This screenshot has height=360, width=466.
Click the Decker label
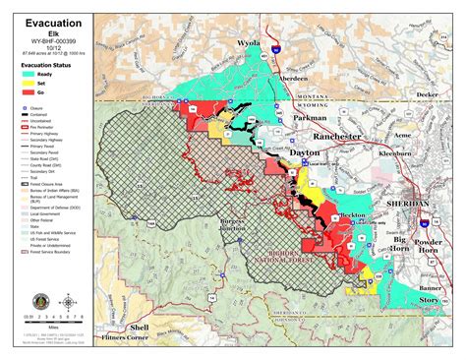click(x=427, y=95)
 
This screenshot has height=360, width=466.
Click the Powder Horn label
click(x=432, y=242)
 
